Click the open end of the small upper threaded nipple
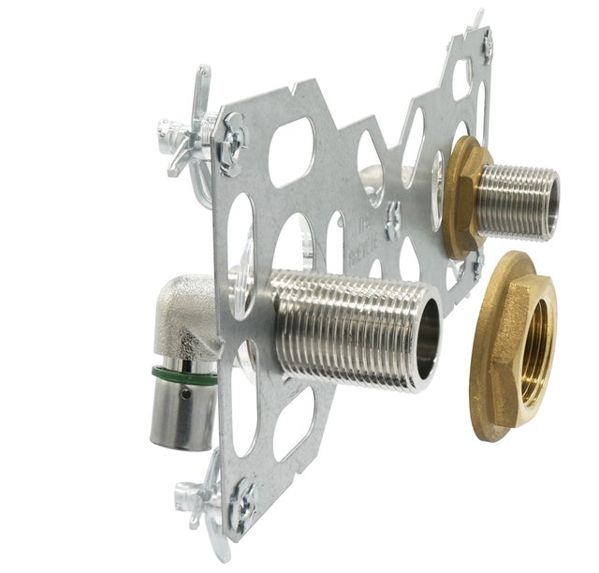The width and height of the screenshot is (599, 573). coord(552,201)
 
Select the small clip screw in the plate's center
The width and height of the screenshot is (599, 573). coord(394,219)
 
